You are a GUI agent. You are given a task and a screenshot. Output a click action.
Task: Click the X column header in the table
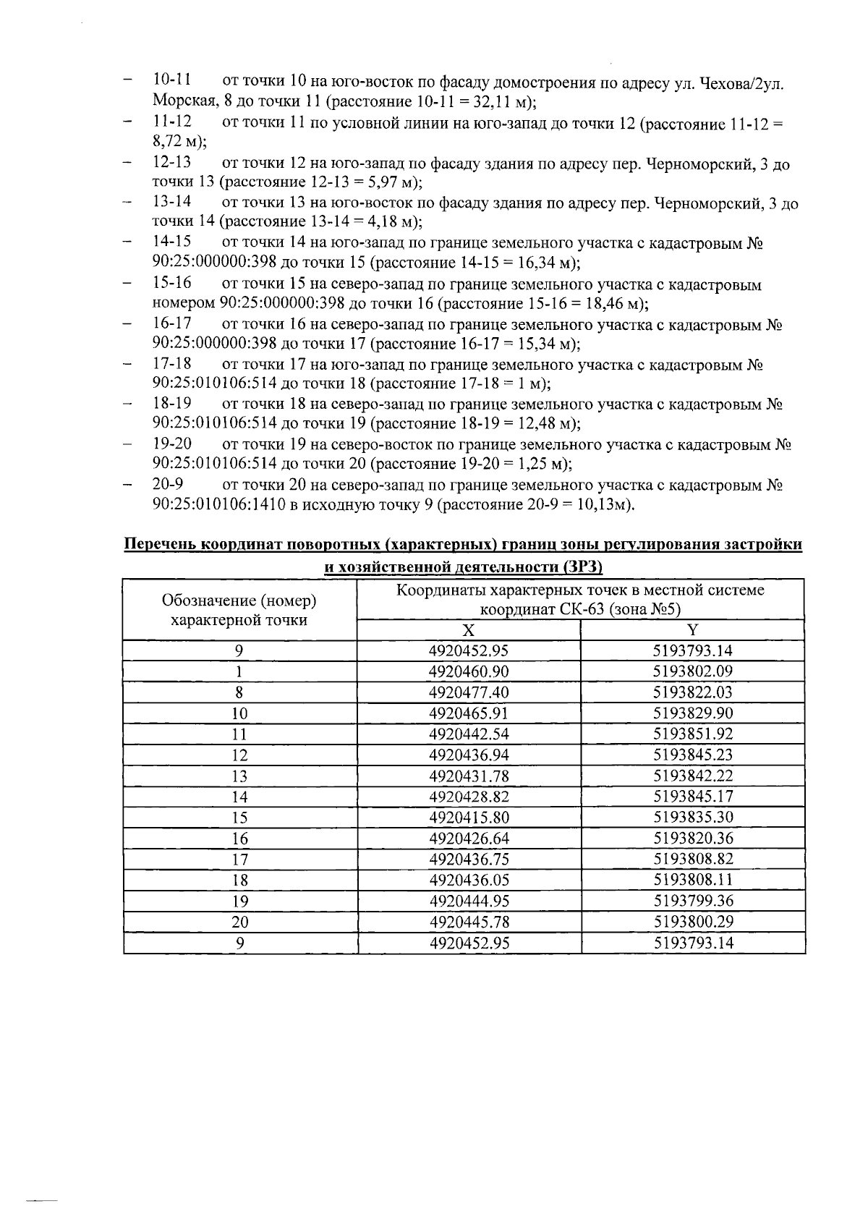(x=469, y=629)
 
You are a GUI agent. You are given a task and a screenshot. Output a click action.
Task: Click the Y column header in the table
(x=693, y=629)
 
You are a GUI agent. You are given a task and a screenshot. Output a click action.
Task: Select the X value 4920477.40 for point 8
(x=469, y=692)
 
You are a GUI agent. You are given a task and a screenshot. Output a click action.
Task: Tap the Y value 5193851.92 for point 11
(x=693, y=734)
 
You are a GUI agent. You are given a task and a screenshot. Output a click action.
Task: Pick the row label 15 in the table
(x=239, y=818)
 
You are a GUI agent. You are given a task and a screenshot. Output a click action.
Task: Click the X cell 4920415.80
(x=469, y=818)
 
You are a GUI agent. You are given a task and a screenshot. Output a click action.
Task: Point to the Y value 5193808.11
(x=693, y=881)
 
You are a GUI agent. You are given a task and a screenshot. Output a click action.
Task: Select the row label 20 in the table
(x=239, y=923)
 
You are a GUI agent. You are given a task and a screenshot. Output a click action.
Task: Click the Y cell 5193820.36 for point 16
(x=693, y=839)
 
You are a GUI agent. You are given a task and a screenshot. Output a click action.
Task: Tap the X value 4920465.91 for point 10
(x=469, y=713)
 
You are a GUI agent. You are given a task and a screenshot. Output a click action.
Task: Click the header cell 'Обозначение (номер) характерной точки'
(x=239, y=610)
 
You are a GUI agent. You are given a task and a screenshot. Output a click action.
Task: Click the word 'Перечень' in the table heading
(x=159, y=545)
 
